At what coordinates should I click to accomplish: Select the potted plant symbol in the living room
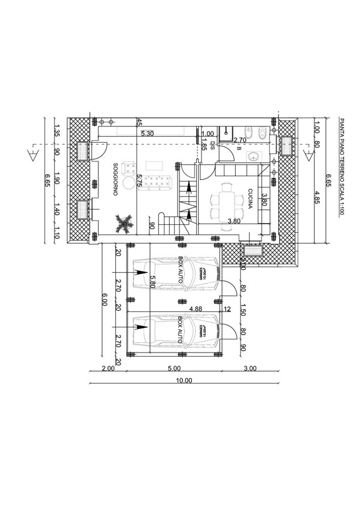[x=124, y=223]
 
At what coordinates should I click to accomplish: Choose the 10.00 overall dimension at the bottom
[x=184, y=380]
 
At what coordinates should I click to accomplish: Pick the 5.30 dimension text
[x=147, y=134]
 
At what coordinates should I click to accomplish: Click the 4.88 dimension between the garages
[x=195, y=309]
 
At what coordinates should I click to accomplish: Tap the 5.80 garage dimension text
[x=154, y=282]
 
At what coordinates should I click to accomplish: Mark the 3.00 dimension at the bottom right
[x=250, y=369]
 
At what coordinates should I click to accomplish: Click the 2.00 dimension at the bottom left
[x=108, y=369]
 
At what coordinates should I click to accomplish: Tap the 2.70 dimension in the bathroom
[x=239, y=140]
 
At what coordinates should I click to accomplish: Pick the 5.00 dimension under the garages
[x=174, y=369]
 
